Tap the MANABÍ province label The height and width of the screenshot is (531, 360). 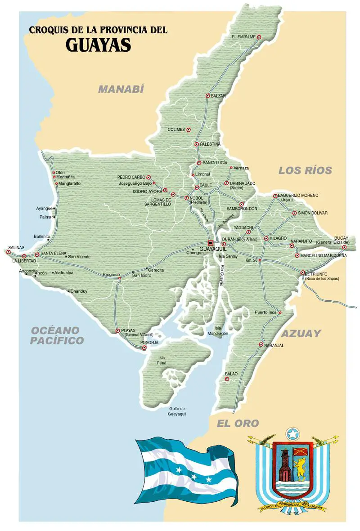tap(121, 89)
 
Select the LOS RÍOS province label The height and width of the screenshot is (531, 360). tap(305, 170)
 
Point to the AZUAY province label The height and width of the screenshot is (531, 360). tap(301, 334)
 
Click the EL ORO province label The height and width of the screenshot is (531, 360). tap(238, 423)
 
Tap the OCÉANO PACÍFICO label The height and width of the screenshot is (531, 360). tap(57, 335)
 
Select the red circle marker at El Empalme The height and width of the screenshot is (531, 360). tap(259, 37)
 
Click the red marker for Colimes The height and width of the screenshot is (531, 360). tap(189, 129)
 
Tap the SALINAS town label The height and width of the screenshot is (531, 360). tap(15, 247)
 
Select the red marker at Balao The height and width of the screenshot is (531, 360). tap(227, 379)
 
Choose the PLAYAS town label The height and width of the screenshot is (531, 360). tap(130, 330)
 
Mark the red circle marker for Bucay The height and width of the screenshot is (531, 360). tap(344, 247)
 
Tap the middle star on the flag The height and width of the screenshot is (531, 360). tap(194, 476)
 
